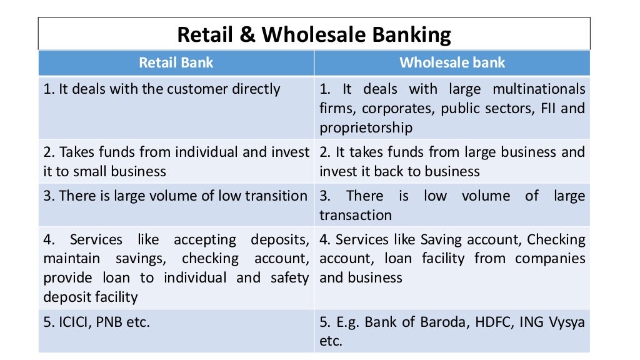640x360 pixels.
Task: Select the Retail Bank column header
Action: [x=176, y=62]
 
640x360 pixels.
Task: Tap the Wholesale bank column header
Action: [x=452, y=62]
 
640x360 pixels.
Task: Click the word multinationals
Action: [x=539, y=89]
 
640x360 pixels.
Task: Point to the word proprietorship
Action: [x=366, y=127]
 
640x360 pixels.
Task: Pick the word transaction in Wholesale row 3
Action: [x=355, y=215]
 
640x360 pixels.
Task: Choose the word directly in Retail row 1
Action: [x=256, y=89]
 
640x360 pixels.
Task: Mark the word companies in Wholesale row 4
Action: [x=550, y=258]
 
